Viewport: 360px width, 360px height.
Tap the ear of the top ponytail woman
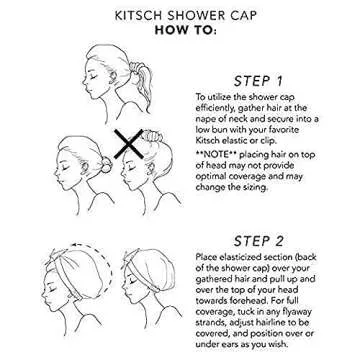click(x=128, y=73)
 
